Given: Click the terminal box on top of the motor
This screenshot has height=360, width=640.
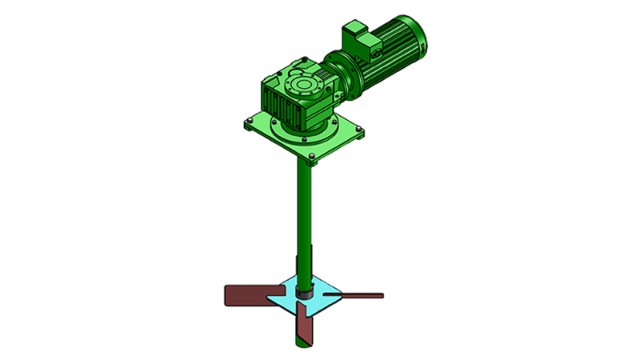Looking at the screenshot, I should pyautogui.click(x=357, y=38).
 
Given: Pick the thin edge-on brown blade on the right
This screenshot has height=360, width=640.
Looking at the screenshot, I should pyautogui.click(x=360, y=295).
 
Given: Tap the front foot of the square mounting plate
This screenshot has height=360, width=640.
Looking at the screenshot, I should pyautogui.click(x=314, y=162).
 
